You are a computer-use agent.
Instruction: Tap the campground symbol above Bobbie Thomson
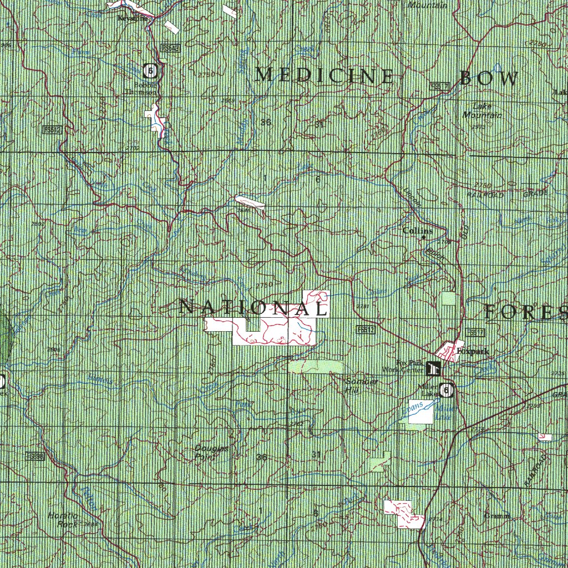pos(150,70)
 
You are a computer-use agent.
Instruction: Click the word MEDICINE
pos(324,75)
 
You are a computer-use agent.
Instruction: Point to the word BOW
pos(489,79)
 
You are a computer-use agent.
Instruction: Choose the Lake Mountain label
pos(483,111)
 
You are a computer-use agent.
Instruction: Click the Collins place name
pos(417,230)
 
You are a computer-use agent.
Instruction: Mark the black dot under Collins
pos(424,237)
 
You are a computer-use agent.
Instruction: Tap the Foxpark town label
pos(467,351)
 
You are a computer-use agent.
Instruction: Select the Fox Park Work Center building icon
pos(433,367)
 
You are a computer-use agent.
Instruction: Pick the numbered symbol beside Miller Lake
pos(445,390)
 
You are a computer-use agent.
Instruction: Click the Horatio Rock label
pos(62,520)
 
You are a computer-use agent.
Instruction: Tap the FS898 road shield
pos(34,455)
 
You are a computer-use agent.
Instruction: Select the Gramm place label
pos(496,516)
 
